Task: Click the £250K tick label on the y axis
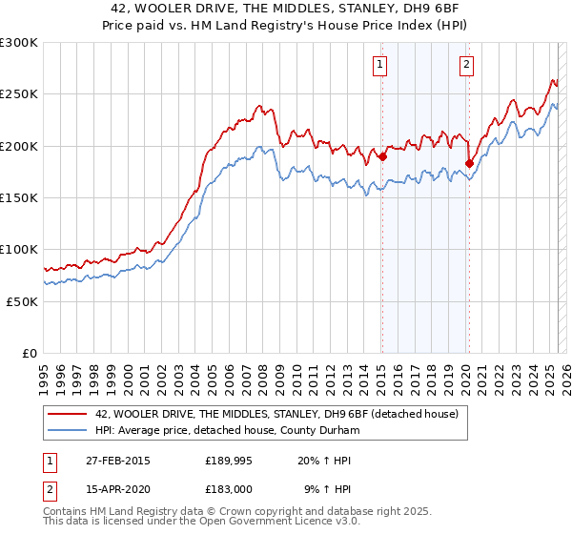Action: coord(19,94)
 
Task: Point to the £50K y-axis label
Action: coord(22,300)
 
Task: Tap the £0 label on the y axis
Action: coord(31,353)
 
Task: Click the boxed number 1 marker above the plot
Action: coord(380,65)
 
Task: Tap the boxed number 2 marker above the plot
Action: coord(466,65)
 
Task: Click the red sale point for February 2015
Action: coord(382,157)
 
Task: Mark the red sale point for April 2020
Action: coord(469,163)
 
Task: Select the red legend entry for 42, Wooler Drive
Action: coord(276,414)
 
